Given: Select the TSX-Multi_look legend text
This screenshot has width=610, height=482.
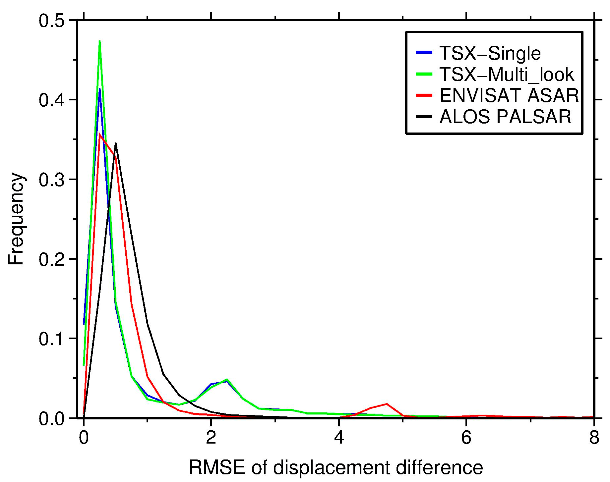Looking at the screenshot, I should [x=506, y=74].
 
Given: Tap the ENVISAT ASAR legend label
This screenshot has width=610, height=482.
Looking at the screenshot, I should [x=509, y=95].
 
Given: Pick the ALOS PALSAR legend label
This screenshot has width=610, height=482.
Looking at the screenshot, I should [x=505, y=117].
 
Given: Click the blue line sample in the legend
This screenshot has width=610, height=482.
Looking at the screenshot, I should [x=424, y=52].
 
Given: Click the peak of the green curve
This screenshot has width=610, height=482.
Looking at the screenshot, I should [x=99, y=41].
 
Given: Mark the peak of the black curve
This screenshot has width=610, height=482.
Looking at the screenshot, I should [x=115, y=143].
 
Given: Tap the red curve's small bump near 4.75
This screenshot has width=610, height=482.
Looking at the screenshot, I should [x=387, y=404].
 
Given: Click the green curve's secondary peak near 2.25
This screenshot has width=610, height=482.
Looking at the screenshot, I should [x=227, y=379].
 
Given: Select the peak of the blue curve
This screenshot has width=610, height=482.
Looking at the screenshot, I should [x=99, y=89].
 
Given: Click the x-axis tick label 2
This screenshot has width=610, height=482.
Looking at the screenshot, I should [x=211, y=438].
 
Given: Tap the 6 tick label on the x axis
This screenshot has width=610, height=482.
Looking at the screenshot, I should [x=466, y=438].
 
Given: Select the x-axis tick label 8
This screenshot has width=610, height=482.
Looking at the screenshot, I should [x=594, y=438].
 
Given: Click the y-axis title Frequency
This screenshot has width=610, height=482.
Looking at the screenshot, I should [x=16, y=219].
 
